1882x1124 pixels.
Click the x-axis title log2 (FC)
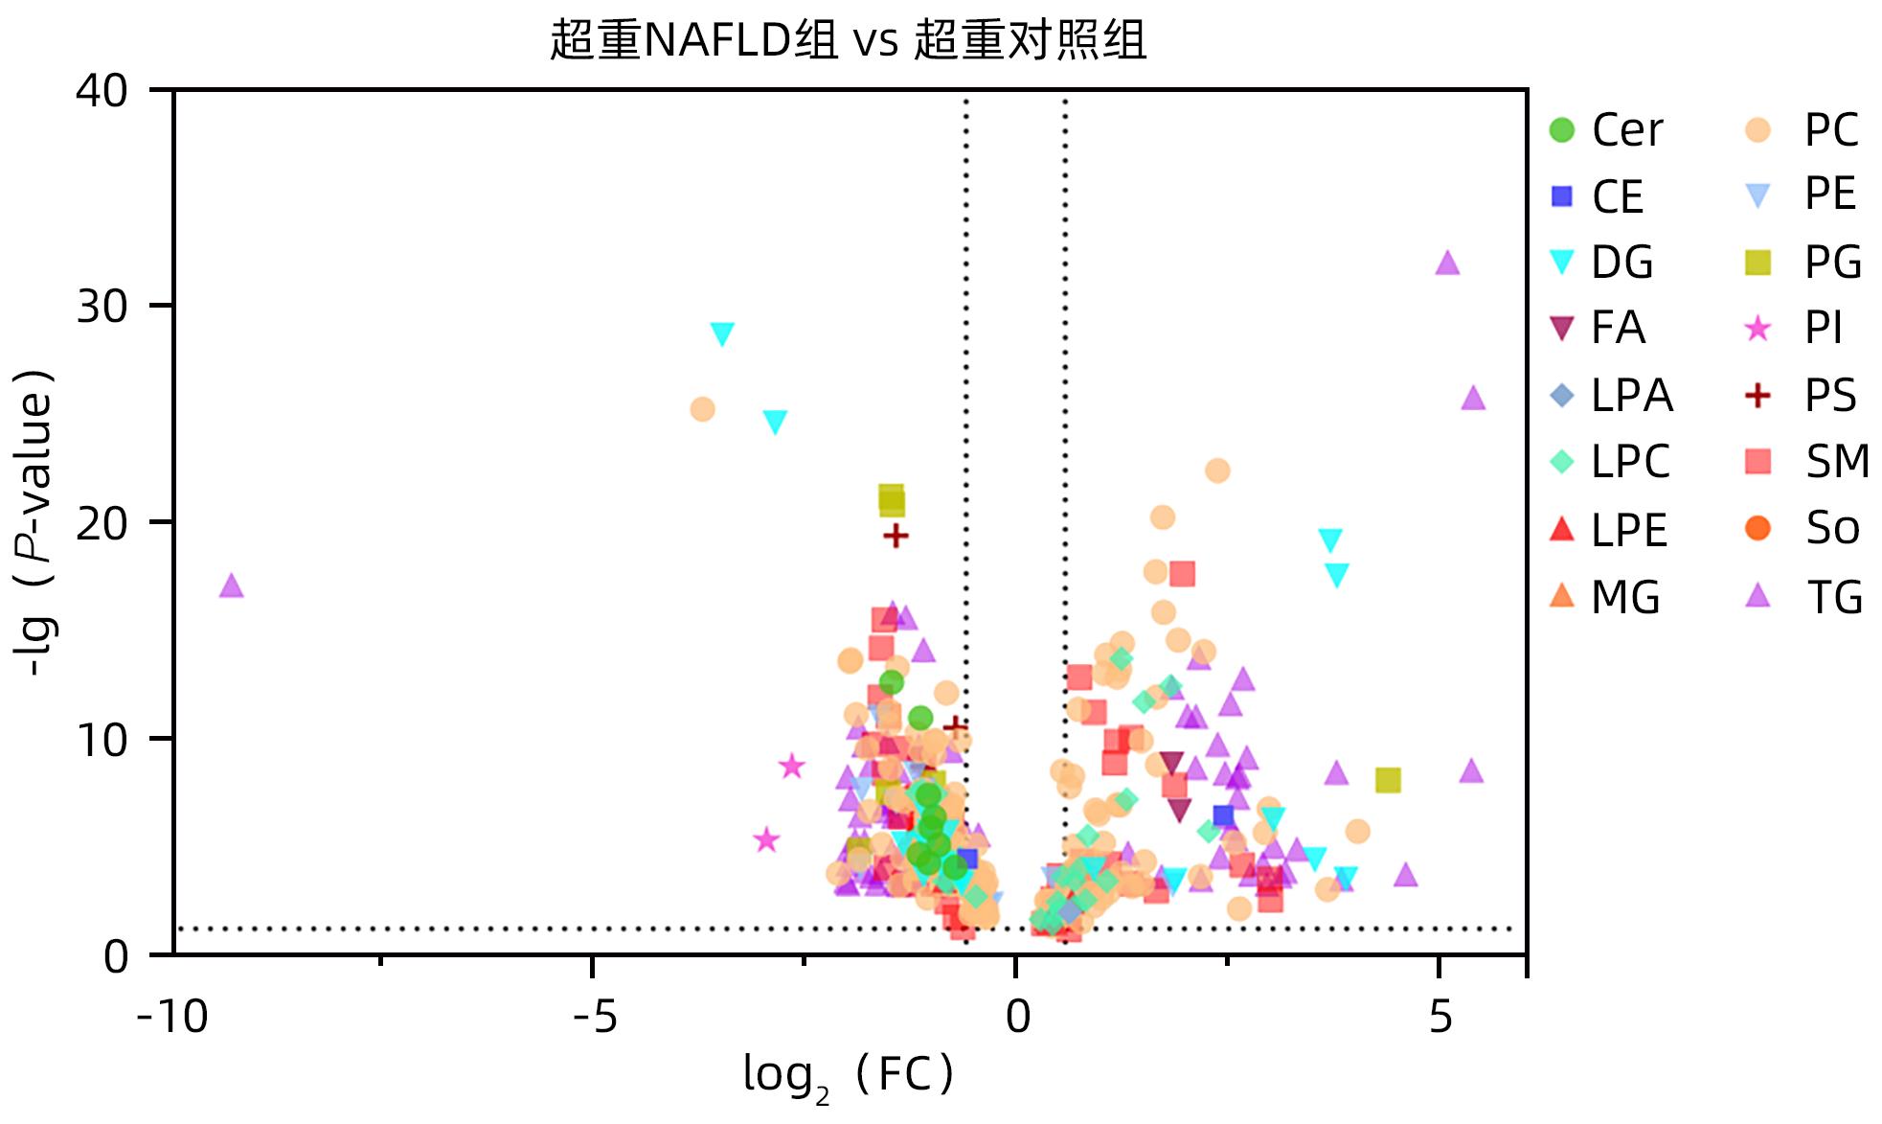pos(849,1075)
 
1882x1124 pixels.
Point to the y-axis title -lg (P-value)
pos(36,522)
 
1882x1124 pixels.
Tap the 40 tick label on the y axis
pos(102,92)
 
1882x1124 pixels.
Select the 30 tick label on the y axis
pos(102,308)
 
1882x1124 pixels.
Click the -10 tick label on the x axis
pos(173,1017)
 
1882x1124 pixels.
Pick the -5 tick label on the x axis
pos(595,1017)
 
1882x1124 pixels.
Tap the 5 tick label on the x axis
pos(1440,1017)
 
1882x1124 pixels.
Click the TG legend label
pos(1833,597)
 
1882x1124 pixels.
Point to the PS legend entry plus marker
pos(1757,396)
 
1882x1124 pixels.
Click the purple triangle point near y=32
pos(1447,263)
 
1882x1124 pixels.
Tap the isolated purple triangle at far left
pos(232,585)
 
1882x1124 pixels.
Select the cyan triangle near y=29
pos(722,333)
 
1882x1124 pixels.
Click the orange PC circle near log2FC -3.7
pos(702,409)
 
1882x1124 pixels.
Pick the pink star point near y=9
pos(791,766)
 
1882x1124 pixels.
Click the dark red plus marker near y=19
pos(896,536)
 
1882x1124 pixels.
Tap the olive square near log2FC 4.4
pos(1387,780)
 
